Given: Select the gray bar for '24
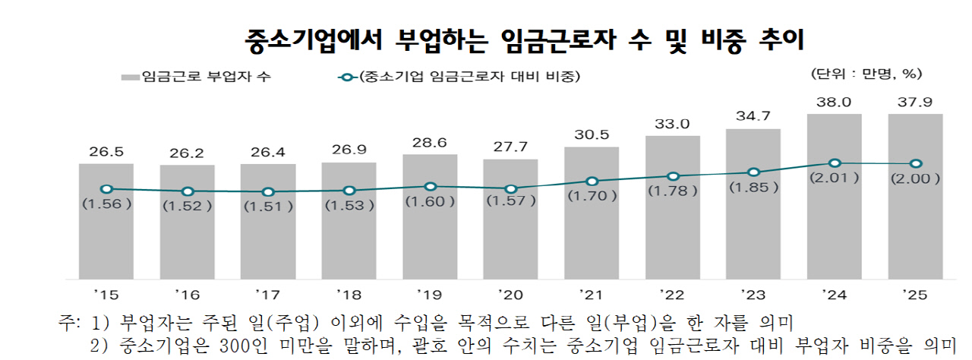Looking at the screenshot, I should (x=835, y=220).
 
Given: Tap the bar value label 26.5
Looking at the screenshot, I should (x=106, y=151).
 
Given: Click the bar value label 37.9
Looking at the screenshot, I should (x=916, y=102).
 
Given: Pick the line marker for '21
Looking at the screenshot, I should (x=592, y=182).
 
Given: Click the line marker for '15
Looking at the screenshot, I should (x=106, y=189).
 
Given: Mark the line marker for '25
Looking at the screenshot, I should (x=916, y=163).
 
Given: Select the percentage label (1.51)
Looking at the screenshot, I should (x=268, y=205).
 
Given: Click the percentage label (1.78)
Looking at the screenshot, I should (x=673, y=191).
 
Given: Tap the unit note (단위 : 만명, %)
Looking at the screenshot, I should (x=866, y=74).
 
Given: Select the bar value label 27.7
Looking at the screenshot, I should (x=510, y=147).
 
